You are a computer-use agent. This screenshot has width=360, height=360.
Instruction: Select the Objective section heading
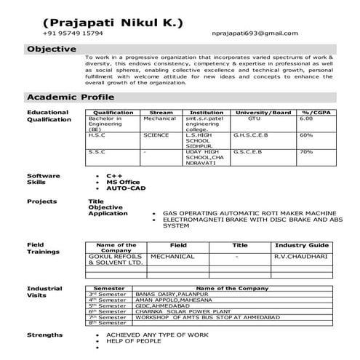click(x=52, y=49)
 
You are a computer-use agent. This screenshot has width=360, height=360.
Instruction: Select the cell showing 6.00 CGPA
click(x=306, y=119)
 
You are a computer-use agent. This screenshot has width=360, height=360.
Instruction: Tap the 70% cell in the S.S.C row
click(x=306, y=152)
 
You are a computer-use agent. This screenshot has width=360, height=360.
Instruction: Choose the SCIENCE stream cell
click(x=156, y=135)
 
